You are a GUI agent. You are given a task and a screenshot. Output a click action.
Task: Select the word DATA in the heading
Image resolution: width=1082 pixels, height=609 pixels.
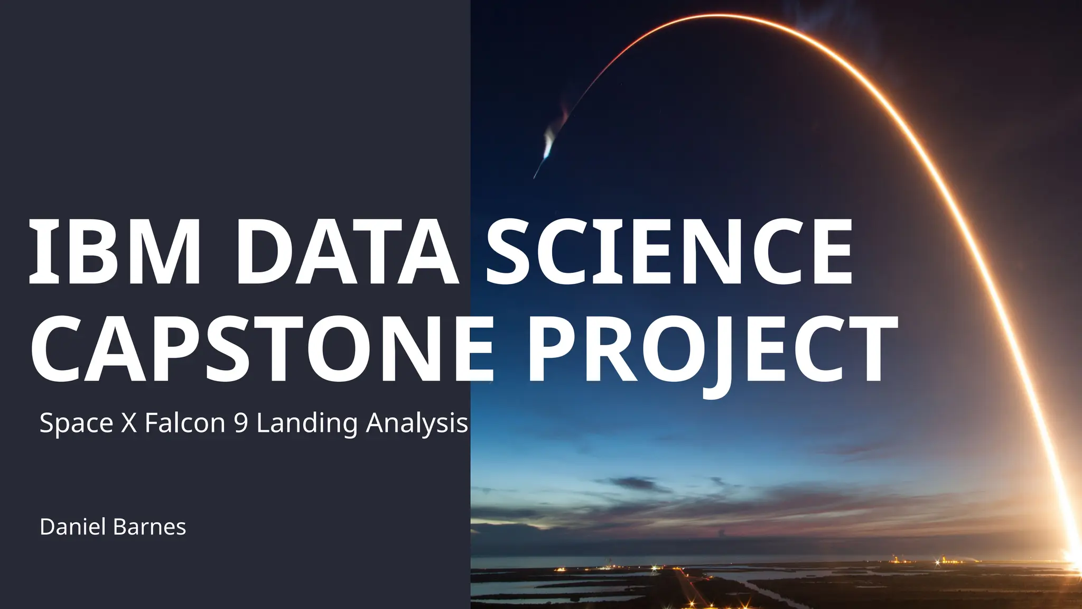pyautogui.click(x=347, y=253)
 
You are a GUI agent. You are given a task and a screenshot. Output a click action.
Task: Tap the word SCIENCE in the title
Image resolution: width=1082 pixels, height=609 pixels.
pyautogui.click(x=669, y=253)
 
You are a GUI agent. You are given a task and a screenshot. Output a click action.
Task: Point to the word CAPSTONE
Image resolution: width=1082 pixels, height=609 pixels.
pyautogui.click(x=262, y=349)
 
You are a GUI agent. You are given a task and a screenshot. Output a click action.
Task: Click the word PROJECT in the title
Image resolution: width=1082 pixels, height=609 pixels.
pyautogui.click(x=711, y=349)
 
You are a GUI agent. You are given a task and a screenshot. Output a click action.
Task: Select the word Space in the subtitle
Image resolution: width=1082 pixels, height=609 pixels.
pyautogui.click(x=76, y=423)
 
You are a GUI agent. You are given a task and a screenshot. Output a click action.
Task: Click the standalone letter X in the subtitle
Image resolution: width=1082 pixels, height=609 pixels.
pyautogui.click(x=129, y=423)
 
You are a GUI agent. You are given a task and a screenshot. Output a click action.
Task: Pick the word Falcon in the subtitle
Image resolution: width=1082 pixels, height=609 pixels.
pyautogui.click(x=185, y=423)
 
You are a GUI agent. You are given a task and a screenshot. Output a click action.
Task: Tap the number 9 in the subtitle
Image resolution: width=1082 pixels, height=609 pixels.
pyautogui.click(x=241, y=423)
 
